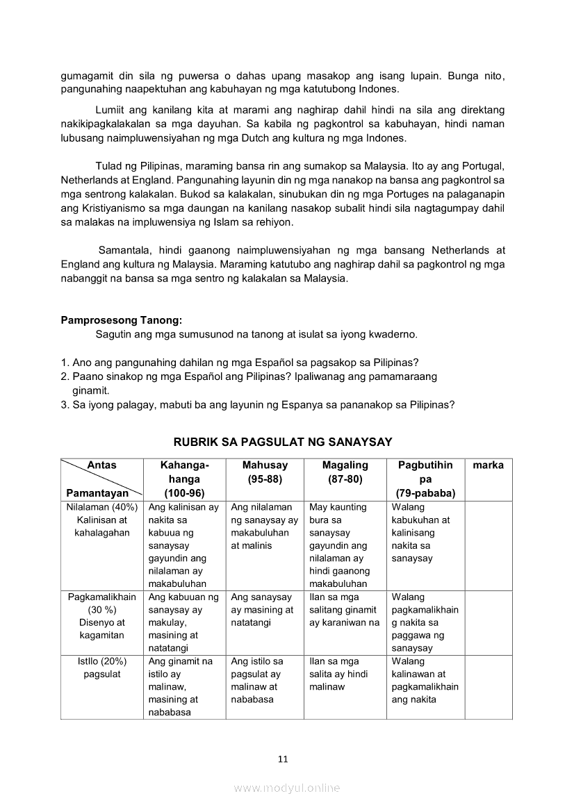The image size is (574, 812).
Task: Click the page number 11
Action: point(283,759)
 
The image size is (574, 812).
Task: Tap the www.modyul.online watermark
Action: point(287,788)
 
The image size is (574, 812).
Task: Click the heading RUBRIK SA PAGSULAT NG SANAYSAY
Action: point(283,442)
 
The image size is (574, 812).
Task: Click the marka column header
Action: point(488,465)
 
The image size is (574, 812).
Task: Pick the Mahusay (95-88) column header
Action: point(265,472)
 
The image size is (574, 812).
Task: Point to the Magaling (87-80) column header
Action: point(345,472)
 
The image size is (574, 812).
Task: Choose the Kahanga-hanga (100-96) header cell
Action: point(184,479)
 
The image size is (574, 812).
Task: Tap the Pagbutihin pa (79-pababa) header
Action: point(425,479)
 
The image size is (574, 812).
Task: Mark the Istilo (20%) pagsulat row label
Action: point(102,668)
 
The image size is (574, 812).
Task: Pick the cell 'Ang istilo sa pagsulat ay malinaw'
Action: point(265,680)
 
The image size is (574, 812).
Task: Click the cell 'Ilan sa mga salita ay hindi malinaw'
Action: point(345,674)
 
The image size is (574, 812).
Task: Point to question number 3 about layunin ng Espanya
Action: point(257,405)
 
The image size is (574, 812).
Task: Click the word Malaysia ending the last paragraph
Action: point(323,278)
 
